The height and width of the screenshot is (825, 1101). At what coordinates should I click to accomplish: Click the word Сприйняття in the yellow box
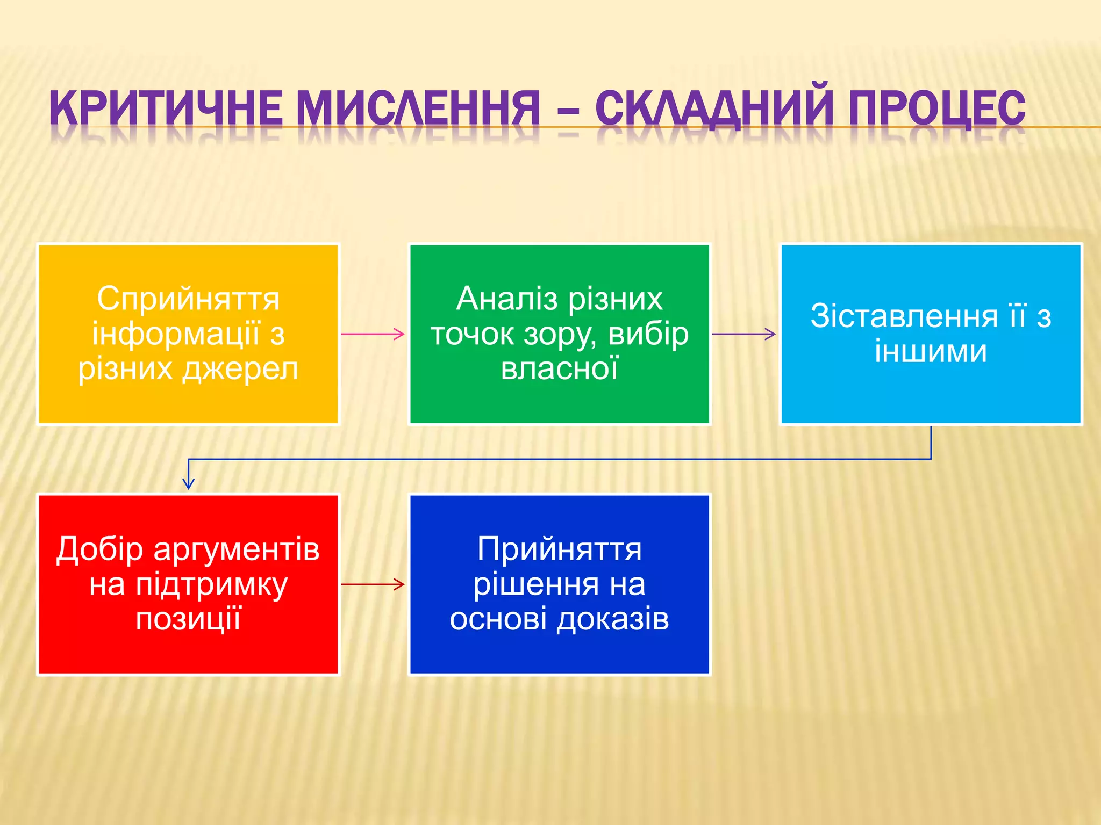pos(188,299)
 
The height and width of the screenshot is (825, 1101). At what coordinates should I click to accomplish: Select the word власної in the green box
pos(560,369)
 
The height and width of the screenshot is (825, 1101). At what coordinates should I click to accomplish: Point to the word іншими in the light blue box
pos(931,351)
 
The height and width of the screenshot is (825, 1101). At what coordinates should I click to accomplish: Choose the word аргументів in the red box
pos(237,550)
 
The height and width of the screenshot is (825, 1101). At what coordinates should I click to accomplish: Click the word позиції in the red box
pos(188,619)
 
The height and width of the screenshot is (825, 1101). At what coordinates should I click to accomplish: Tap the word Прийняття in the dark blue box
pos(560,549)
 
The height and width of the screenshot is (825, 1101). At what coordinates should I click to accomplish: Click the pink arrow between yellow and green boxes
pos(373,334)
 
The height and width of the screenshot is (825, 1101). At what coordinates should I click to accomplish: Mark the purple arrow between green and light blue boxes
pos(744,334)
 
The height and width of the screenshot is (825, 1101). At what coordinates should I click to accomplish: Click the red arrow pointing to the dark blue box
pos(373,584)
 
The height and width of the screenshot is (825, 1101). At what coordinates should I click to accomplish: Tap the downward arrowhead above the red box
pos(188,482)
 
